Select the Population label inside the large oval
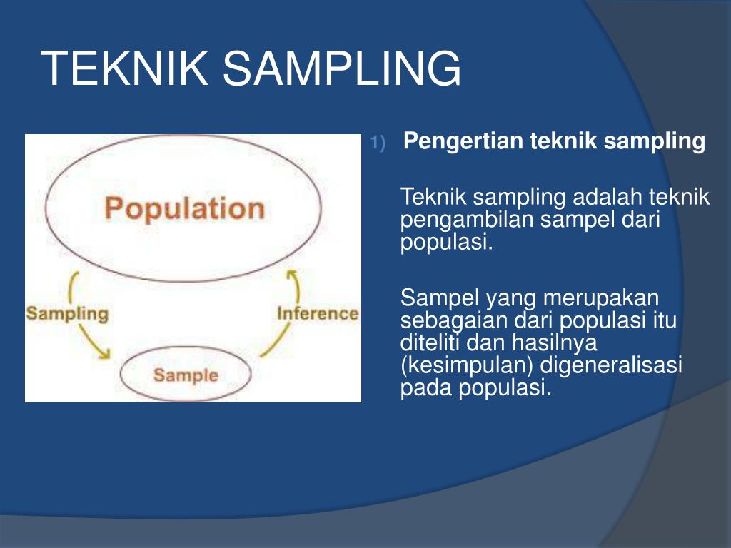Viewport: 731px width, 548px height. point(184,208)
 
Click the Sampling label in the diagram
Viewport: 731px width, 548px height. point(67,313)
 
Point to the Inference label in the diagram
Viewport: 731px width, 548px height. point(317,313)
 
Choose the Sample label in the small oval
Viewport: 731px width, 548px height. point(186,375)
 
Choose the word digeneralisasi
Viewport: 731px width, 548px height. point(611,366)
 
